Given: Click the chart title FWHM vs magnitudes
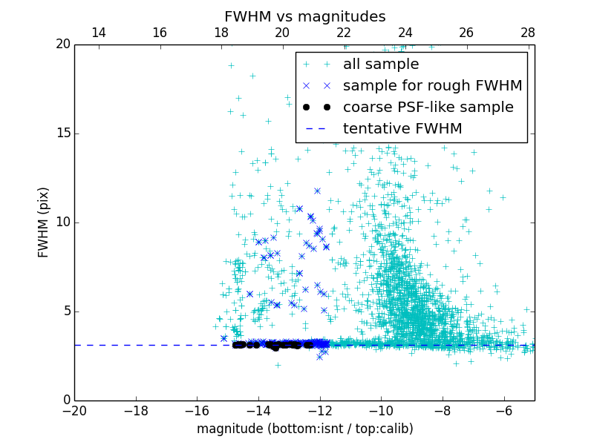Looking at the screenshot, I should [304, 16].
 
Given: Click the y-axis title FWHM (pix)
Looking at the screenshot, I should [44, 222].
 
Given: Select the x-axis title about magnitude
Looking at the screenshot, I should [304, 429].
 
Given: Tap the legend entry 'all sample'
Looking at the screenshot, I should [381, 65].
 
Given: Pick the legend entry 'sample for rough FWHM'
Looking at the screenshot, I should [432, 86].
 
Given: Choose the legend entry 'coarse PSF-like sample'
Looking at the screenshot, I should [428, 108].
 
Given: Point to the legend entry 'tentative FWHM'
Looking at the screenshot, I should [402, 129].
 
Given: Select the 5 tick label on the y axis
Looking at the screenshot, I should [65, 311].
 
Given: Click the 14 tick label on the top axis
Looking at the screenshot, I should [98, 33].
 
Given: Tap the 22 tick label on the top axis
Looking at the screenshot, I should [344, 33].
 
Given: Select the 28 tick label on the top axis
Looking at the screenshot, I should [528, 33].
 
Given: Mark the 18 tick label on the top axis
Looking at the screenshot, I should [221, 33].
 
